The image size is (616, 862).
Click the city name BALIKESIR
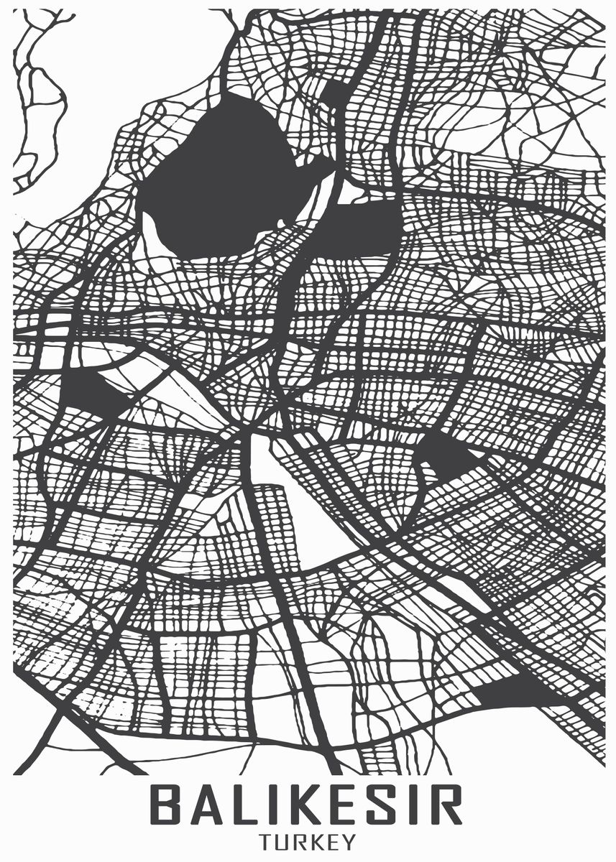pos(308,805)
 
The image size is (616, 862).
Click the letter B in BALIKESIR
pos(167,805)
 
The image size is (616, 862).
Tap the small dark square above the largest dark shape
pos(334,92)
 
